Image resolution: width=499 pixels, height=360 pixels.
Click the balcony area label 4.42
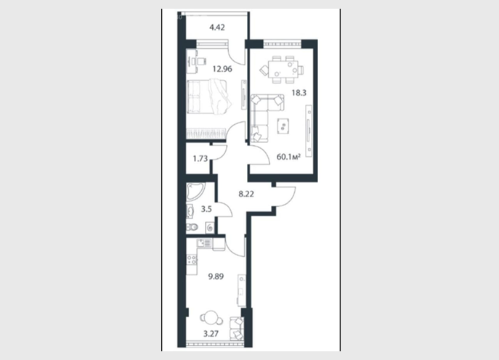pos(217,28)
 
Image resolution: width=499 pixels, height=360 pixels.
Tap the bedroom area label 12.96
pos(222,69)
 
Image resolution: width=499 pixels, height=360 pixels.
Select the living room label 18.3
pos(299,93)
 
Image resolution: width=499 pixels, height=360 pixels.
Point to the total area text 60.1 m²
pos(288,157)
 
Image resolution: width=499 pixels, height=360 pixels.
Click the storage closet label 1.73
pos(200,158)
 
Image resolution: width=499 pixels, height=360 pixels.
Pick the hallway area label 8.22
pos(246,194)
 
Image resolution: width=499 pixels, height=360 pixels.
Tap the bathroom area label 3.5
pos(206,209)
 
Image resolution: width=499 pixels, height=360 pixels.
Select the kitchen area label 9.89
pos(216,277)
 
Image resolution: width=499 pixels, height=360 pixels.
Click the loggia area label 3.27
pos(211,334)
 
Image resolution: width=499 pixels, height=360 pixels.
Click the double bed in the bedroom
pos(208,96)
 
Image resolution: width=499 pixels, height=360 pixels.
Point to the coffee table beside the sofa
pos(283,126)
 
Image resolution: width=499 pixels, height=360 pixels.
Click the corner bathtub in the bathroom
pos(195,191)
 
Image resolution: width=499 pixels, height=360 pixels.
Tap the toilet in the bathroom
pos(192,227)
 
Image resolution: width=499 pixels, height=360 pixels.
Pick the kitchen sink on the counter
pos(203,244)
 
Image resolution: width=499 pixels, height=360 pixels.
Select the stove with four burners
pos(192,260)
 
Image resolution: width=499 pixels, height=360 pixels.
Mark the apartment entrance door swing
pos(285,197)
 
